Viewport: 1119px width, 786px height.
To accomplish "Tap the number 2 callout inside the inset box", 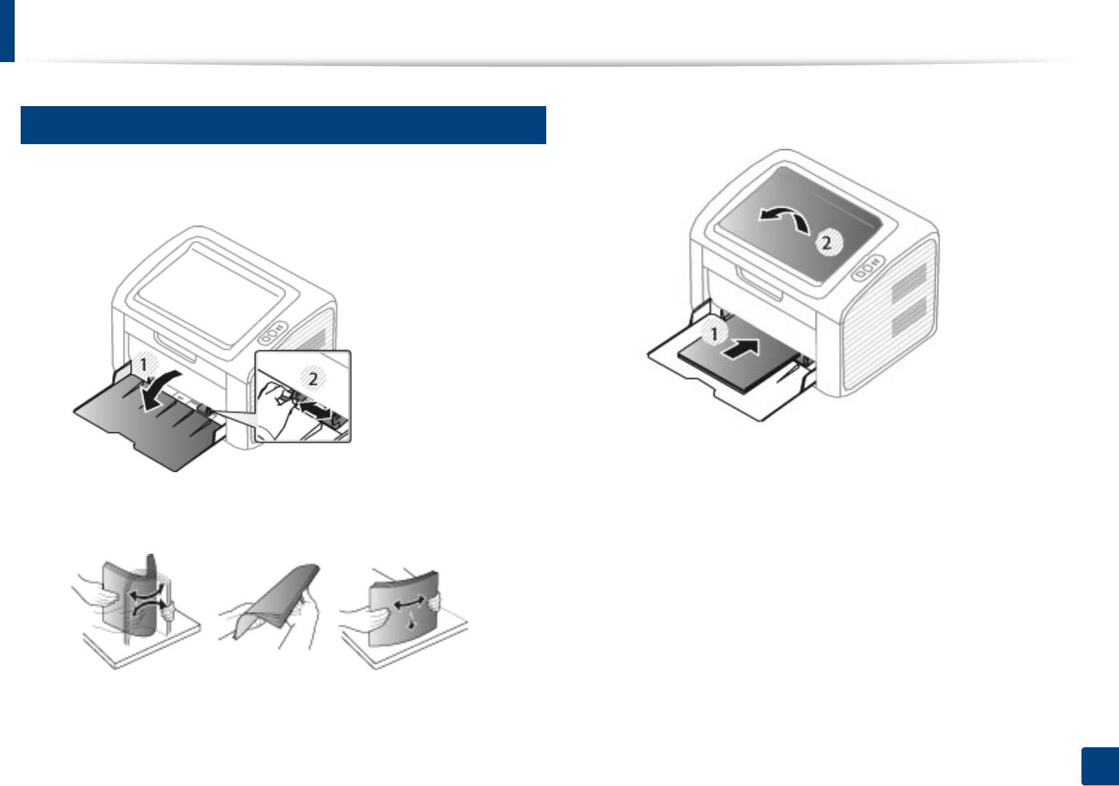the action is click(313, 380).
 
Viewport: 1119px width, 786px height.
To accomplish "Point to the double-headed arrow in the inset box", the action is click(315, 408).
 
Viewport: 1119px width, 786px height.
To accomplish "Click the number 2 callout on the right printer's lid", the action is click(826, 242).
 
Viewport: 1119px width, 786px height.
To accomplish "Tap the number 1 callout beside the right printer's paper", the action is click(714, 334).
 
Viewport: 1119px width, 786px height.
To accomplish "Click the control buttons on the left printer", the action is click(271, 331).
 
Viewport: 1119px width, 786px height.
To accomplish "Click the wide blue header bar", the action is click(283, 125).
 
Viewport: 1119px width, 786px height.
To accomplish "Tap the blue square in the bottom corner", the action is click(1100, 766).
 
